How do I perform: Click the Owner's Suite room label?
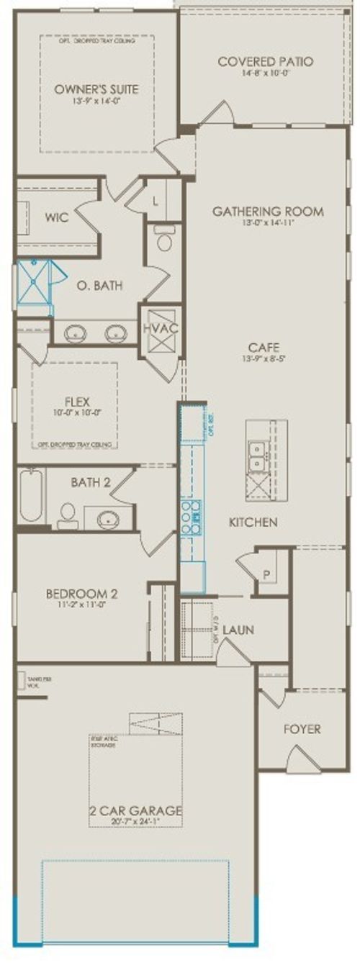97,89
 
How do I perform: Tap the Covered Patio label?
265,62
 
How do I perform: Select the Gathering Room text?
267,212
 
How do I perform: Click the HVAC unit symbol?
160,328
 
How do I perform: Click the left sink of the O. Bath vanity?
76,333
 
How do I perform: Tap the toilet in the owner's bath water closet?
163,240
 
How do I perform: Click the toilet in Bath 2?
68,515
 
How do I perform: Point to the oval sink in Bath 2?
109,517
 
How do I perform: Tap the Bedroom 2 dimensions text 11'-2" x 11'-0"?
81,606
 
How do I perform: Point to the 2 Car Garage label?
135,811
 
